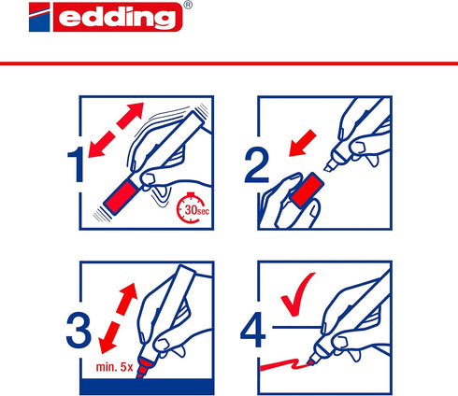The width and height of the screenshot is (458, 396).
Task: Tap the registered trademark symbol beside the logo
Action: click(x=189, y=5)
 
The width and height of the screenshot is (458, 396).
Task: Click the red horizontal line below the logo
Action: click(x=229, y=62)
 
